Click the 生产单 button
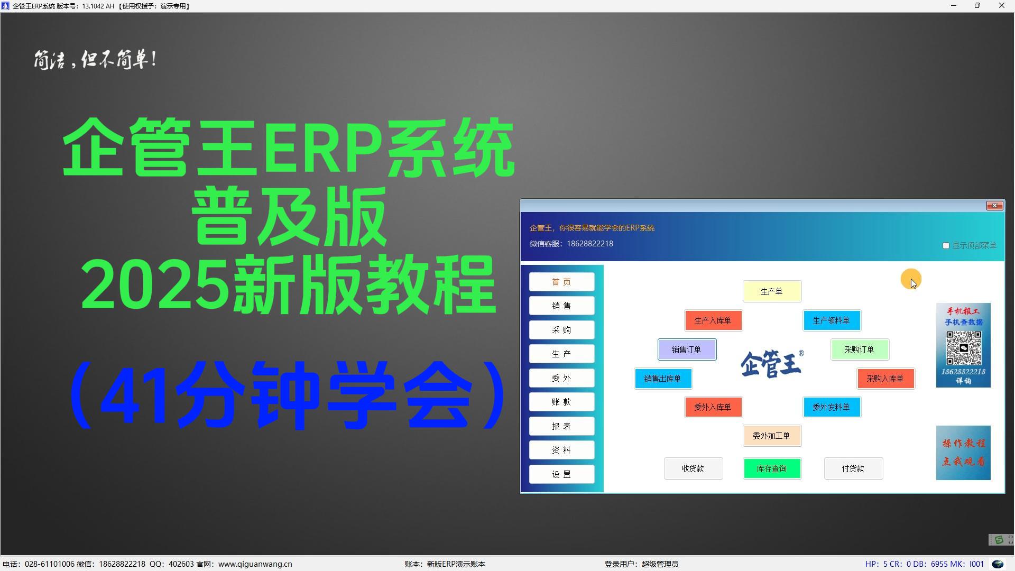772,291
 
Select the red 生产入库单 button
713,320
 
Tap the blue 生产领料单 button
832,320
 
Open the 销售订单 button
687,349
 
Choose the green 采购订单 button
860,349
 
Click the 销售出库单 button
663,379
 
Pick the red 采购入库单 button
885,379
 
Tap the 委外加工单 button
772,436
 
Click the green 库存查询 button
772,468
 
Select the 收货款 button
693,468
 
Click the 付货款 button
853,468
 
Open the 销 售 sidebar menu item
561,306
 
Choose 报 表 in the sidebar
561,426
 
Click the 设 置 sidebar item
561,474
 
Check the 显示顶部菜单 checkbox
946,245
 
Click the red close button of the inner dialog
994,206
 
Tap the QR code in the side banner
964,348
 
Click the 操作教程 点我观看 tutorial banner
963,453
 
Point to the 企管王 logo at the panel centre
772,364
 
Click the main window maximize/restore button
977,6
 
